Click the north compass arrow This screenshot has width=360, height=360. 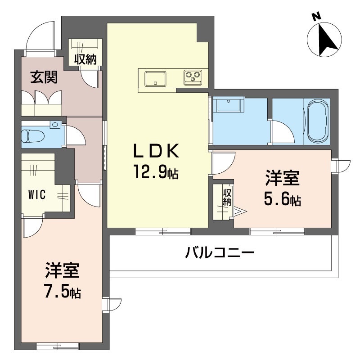click(x=325, y=39)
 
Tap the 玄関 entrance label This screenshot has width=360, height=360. click(x=44, y=78)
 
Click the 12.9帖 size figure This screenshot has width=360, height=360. click(x=155, y=171)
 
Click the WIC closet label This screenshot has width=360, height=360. click(x=36, y=195)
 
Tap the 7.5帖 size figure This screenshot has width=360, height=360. click(x=63, y=292)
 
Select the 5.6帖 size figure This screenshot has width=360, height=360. click(x=282, y=199)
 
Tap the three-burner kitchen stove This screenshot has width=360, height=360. click(x=194, y=77)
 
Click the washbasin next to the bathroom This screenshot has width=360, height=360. click(x=229, y=106)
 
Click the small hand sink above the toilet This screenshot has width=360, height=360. click(x=55, y=124)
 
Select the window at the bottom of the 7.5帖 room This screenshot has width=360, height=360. click(x=57, y=346)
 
